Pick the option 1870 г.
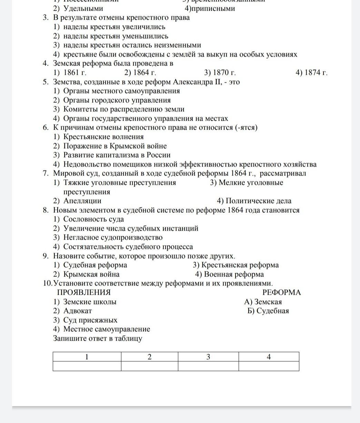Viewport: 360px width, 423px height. [220, 73]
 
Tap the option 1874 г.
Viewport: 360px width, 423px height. [312, 73]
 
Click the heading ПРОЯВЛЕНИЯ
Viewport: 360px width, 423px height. [84, 293]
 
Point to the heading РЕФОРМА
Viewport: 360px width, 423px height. [281, 293]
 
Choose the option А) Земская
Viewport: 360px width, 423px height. [263, 302]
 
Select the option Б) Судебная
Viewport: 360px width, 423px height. [268, 311]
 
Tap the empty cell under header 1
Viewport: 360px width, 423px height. [87, 366]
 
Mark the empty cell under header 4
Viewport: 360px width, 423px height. [269, 366]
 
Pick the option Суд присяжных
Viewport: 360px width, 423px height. [90, 320]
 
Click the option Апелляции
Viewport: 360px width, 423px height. [82, 201]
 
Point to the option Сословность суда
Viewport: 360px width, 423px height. [93, 219]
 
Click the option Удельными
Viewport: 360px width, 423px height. [83, 9]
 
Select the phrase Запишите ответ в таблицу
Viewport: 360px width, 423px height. [98, 339]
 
